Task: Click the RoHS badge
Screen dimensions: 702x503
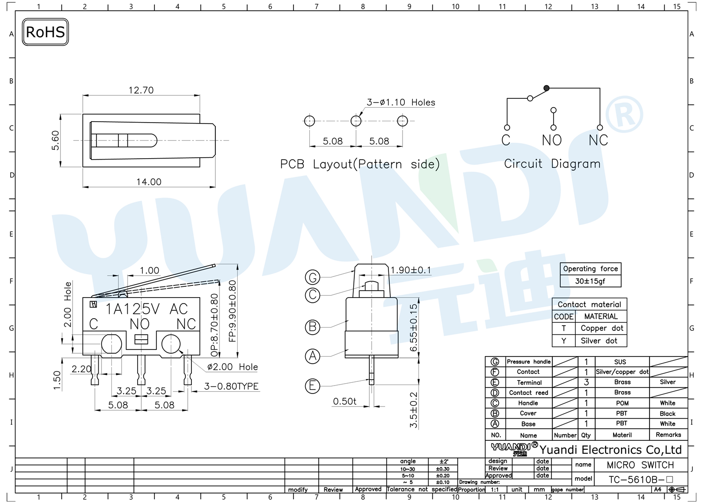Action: [x=45, y=32]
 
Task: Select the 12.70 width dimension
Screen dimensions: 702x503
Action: [x=141, y=90]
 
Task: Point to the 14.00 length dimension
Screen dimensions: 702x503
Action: [x=149, y=182]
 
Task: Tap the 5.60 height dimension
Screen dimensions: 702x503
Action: [x=55, y=140]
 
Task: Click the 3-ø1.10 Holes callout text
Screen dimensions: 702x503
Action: [x=401, y=102]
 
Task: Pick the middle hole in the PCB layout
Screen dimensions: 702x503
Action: [x=356, y=121]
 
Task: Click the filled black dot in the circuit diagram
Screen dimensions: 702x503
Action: [x=547, y=88]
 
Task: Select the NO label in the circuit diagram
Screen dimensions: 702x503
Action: [x=552, y=140]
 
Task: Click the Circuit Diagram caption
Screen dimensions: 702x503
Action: [x=552, y=164]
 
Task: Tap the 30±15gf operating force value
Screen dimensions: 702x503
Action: [x=590, y=281]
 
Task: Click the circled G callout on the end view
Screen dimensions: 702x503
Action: [x=313, y=277]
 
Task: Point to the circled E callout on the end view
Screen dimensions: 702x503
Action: [x=313, y=386]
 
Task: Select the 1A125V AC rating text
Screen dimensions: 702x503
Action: [x=146, y=309]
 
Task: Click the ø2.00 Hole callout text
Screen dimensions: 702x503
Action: [x=232, y=367]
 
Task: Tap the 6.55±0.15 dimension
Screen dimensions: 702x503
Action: [x=414, y=328]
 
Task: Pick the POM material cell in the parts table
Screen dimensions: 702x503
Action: [x=622, y=403]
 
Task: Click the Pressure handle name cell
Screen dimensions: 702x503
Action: [x=529, y=362]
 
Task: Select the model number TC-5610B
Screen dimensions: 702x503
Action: [x=636, y=480]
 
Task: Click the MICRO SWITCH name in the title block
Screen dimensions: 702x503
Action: [x=640, y=465]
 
